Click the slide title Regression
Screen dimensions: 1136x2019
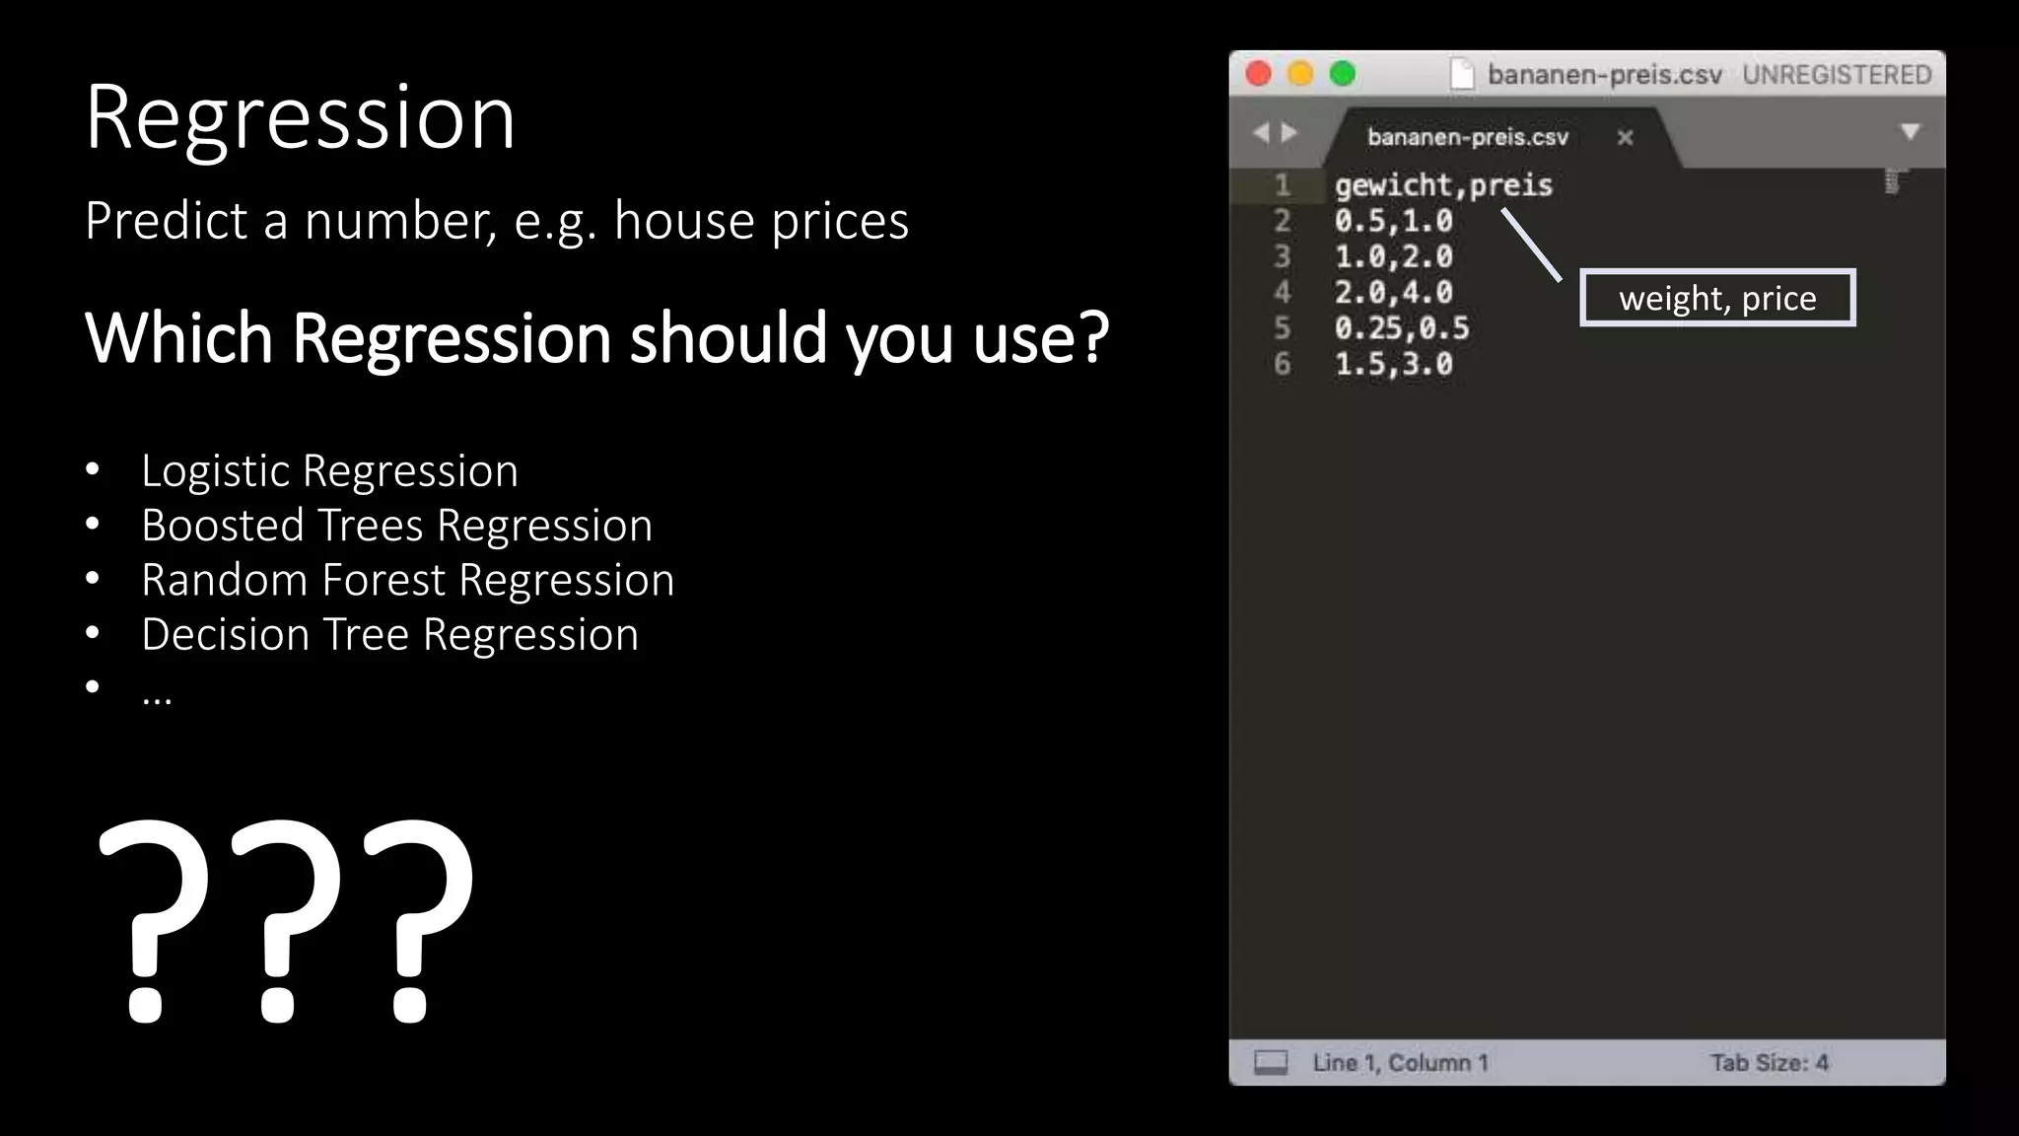300,118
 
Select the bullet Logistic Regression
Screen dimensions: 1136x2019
329,471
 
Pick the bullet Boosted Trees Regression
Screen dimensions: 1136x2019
396,526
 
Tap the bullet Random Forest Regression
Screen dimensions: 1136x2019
407,580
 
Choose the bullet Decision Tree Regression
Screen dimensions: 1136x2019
389,634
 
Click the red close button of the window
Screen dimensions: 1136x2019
1258,74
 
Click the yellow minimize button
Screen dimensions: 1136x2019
1300,74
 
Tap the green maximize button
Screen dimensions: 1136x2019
1343,74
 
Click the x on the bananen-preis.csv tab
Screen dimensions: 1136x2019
1625,138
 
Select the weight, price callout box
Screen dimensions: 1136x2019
1717,298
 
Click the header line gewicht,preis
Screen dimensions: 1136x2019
1443,185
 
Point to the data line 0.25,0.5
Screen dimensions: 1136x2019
1401,328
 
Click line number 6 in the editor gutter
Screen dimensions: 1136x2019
1282,364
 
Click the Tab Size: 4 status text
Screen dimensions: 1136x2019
1769,1063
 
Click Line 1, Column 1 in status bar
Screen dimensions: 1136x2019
1400,1063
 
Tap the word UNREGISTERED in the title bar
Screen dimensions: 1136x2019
1836,75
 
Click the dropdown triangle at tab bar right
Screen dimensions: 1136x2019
1910,132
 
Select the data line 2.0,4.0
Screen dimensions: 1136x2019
1393,293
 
